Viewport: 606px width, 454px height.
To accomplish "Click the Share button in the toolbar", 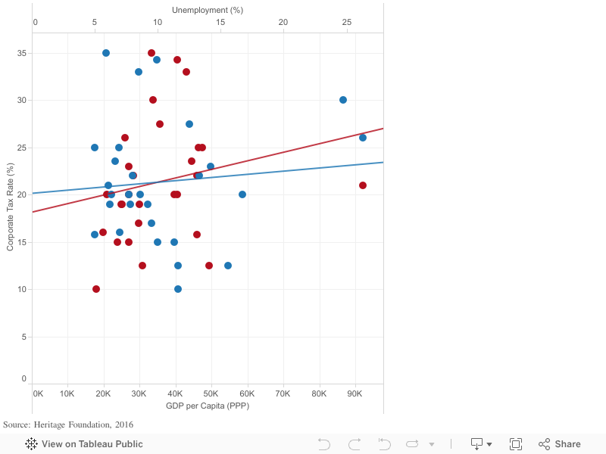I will [x=560, y=444].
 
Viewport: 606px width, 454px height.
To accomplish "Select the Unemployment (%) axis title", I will [x=208, y=10].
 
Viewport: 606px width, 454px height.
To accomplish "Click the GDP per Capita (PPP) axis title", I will [x=208, y=406].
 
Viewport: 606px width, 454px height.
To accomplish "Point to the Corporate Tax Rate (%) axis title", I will [x=11, y=208].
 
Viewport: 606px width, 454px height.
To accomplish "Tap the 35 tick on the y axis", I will [x=22, y=53].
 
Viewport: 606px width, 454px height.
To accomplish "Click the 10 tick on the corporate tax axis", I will [x=22, y=289].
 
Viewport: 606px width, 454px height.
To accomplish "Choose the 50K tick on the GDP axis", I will [x=211, y=393].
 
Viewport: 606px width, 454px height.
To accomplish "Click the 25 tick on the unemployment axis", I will [x=346, y=22].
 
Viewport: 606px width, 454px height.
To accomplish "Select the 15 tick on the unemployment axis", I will [x=220, y=22].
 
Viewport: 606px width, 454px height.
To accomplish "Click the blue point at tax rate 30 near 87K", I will [x=343, y=100].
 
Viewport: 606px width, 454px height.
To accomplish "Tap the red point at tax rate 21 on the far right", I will [x=363, y=185].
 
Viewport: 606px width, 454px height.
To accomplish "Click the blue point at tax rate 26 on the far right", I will [x=363, y=138].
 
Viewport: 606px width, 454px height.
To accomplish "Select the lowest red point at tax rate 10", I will [x=96, y=289].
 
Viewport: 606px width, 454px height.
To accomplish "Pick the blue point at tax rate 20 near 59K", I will [x=242, y=194].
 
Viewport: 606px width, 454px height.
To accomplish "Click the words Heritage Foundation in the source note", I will [x=73, y=424].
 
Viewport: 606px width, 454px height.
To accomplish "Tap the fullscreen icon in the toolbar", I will [x=516, y=444].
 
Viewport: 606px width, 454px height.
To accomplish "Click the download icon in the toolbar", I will [x=478, y=443].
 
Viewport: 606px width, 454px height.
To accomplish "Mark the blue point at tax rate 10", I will [x=178, y=289].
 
